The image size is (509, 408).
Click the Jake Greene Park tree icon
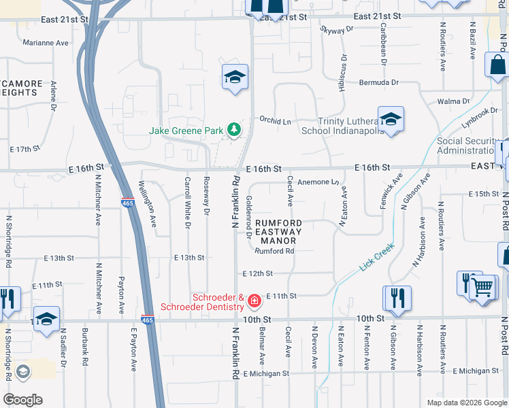point(234,129)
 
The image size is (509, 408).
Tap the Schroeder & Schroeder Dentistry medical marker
point(255,300)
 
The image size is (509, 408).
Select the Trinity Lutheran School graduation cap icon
point(391,119)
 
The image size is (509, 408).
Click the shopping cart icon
point(483,286)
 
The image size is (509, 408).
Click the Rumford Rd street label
point(274,251)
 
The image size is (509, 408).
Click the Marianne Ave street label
point(46,42)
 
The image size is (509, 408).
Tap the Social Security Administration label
point(468,146)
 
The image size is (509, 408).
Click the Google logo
point(23,399)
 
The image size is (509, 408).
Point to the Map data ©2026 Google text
point(466,403)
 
